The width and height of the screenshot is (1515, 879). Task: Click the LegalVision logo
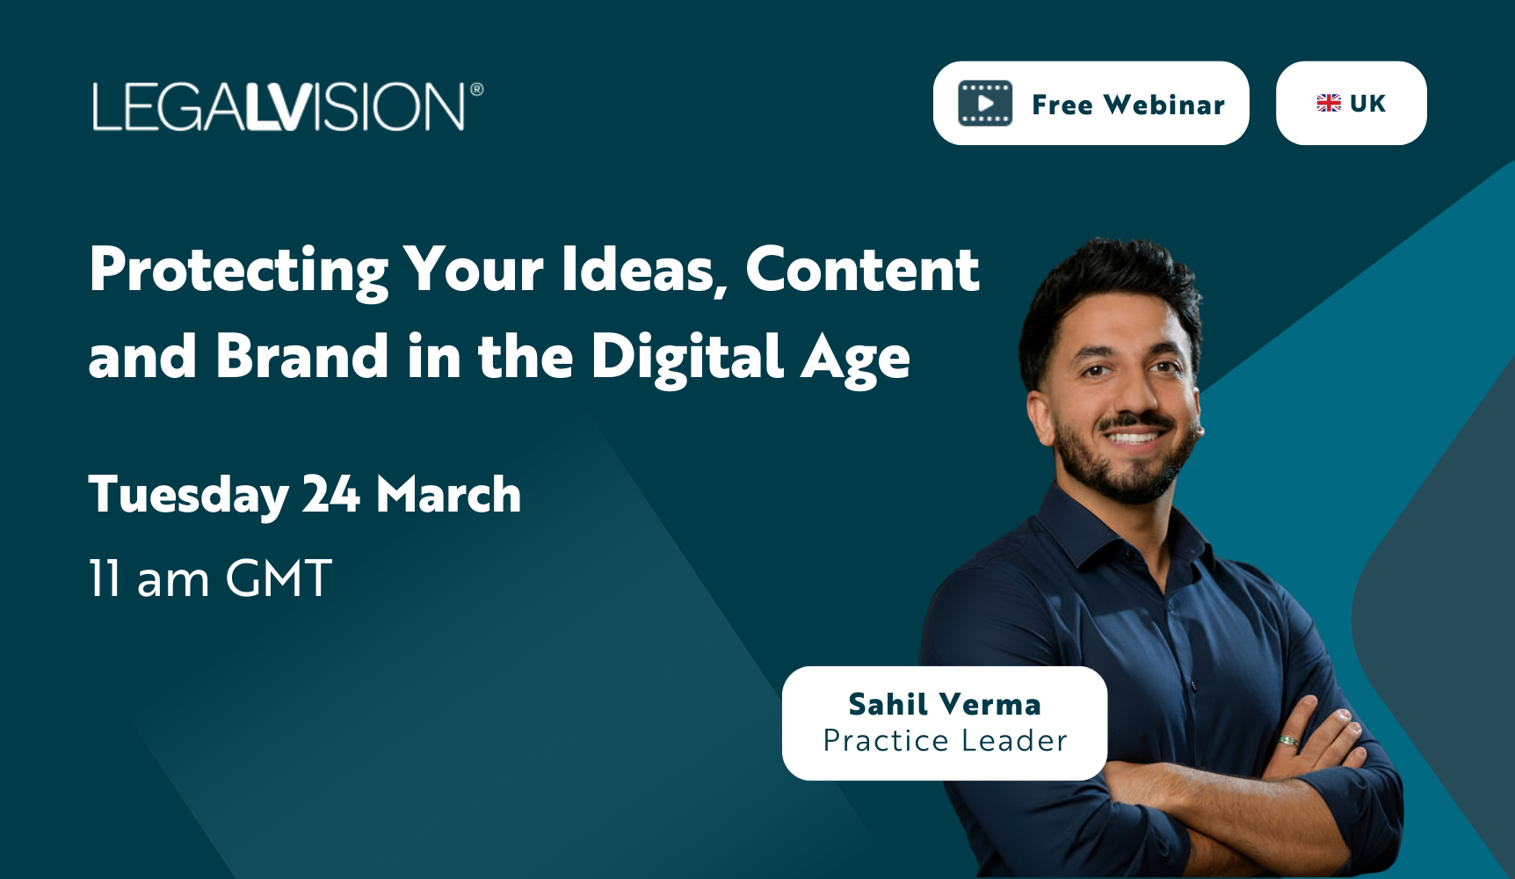tap(279, 107)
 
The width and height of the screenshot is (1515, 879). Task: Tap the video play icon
tap(985, 104)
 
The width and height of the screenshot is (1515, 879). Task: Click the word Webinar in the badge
tap(1163, 105)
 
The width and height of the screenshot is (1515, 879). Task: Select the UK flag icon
tap(1328, 104)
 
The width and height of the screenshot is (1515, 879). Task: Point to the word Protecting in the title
tap(238, 271)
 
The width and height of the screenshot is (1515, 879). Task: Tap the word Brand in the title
tap(301, 357)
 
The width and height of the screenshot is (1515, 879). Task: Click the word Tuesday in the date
tap(188, 496)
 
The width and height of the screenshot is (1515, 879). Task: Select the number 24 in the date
tap(331, 494)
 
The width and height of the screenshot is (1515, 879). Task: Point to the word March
tap(448, 494)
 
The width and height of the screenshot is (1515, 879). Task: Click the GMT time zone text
tap(279, 578)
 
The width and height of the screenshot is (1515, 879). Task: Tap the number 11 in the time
tap(105, 578)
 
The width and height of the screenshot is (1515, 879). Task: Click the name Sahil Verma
tap(945, 704)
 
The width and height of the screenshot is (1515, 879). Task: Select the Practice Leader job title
tap(945, 741)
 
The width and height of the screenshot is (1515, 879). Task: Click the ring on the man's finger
tap(1288, 741)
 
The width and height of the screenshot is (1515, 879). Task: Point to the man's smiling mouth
tap(1134, 435)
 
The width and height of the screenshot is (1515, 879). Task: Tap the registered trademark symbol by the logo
tap(477, 89)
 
